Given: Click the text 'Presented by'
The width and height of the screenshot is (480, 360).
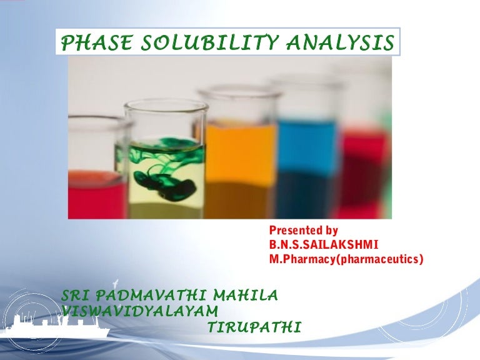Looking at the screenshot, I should (x=303, y=231).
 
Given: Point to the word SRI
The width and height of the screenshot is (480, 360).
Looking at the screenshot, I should (x=79, y=294).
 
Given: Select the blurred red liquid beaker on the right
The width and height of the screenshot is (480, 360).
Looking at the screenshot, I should (x=362, y=169).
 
